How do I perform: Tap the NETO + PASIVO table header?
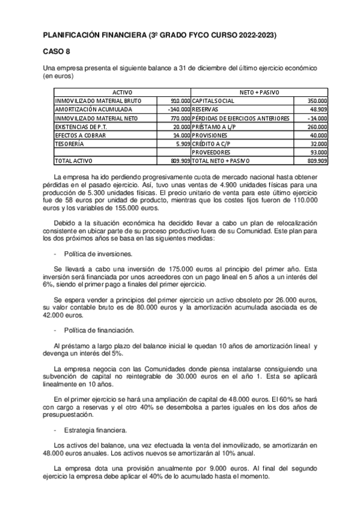[260, 91]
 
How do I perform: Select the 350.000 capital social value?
[317, 100]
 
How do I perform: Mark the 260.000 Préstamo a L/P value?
[317, 127]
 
